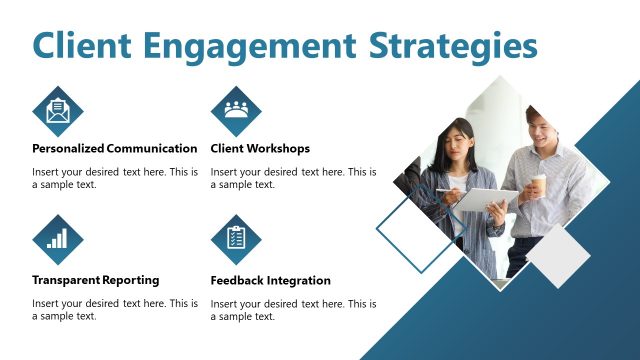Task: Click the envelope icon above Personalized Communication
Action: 58,110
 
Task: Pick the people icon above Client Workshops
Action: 236,110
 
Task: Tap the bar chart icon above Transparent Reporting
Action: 58,239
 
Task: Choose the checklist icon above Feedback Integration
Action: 236,239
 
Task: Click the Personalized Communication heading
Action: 114,149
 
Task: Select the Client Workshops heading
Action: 260,149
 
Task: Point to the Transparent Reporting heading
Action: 95,280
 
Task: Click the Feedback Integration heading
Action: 270,280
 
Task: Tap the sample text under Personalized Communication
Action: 114,178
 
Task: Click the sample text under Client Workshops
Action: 293,178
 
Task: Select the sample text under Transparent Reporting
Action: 114,309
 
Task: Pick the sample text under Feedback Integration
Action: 293,309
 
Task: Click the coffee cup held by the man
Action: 539,186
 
